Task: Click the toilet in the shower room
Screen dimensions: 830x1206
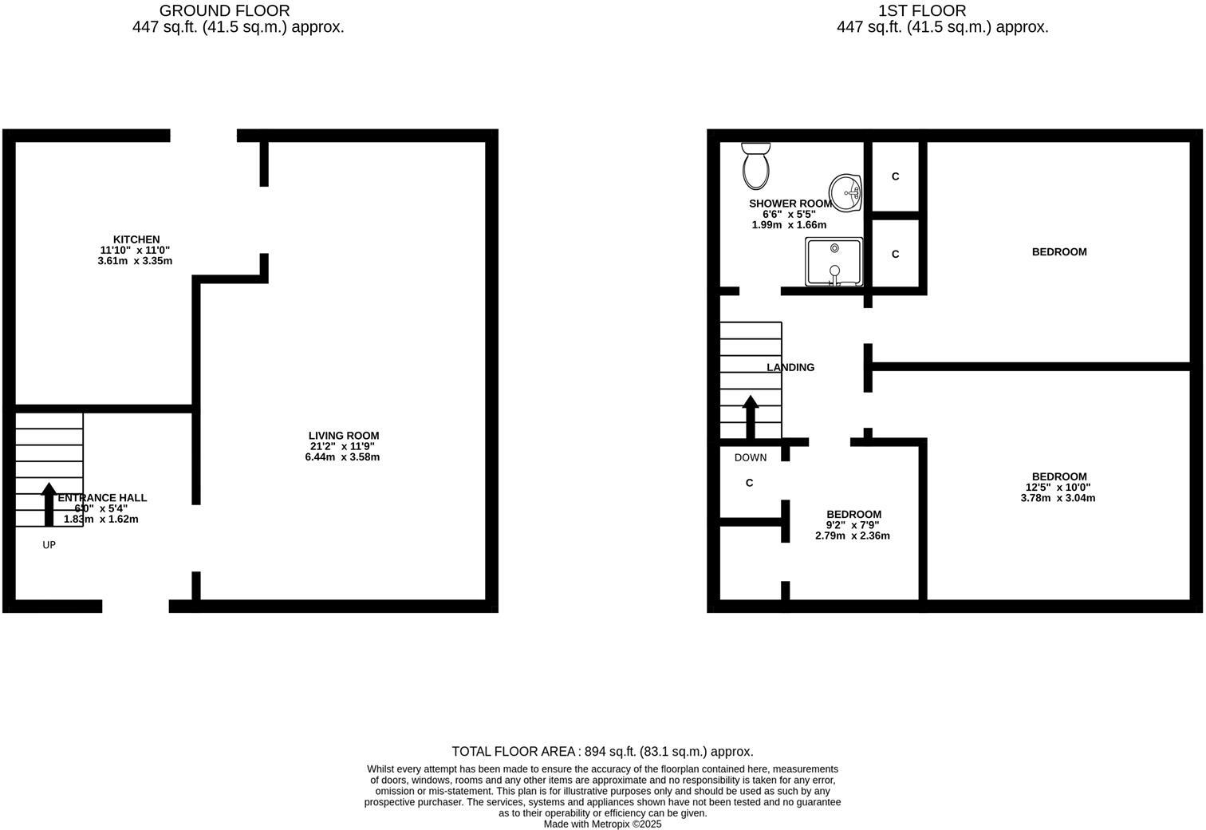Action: tap(755, 165)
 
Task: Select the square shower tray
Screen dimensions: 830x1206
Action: tap(834, 262)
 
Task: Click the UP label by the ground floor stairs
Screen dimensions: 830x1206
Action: tap(49, 545)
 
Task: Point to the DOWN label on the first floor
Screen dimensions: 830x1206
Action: tap(750, 457)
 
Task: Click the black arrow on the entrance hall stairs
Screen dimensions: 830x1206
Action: tap(49, 504)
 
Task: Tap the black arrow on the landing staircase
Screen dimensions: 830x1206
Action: tap(750, 417)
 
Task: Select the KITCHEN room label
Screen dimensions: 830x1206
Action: tap(136, 239)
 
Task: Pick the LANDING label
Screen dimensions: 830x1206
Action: tap(790, 367)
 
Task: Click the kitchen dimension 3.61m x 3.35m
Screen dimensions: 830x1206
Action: tap(135, 261)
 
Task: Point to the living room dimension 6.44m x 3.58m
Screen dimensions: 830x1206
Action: tap(342, 457)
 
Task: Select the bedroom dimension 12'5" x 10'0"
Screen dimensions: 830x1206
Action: tap(1058, 488)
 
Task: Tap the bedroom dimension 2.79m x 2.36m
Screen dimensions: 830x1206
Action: tap(852, 536)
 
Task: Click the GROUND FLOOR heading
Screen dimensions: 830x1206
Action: tap(224, 10)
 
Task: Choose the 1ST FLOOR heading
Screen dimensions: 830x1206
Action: tap(921, 10)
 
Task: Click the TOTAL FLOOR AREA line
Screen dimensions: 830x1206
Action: tap(602, 752)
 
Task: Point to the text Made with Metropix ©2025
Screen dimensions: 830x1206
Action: tap(602, 824)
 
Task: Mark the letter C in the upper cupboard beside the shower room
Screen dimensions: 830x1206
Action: tap(895, 176)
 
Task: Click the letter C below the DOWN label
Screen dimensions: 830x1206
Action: tap(749, 483)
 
